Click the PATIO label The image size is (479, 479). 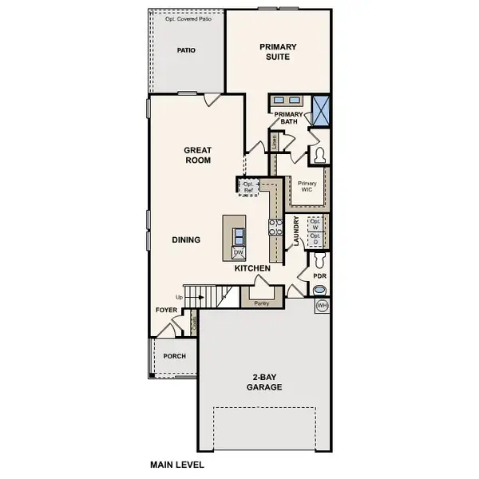coord(187,50)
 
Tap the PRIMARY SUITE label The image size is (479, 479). coord(278,53)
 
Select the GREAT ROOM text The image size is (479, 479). coord(197,155)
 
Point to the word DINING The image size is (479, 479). coord(186,239)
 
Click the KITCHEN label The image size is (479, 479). coord(252,268)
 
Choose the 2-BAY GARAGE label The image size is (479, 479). coord(263,382)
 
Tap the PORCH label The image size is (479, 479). coord(175,356)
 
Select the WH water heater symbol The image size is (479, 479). coord(323,306)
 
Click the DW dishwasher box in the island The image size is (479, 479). coord(238,252)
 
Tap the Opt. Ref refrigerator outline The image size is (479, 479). coord(250,187)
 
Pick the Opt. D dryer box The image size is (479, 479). coord(315,239)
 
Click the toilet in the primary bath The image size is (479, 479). coord(320,154)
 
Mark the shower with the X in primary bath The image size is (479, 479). coord(321,109)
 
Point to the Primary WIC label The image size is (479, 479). coord(307,187)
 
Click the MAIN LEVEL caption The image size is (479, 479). coord(177,464)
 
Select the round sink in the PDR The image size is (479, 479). coord(319,290)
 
